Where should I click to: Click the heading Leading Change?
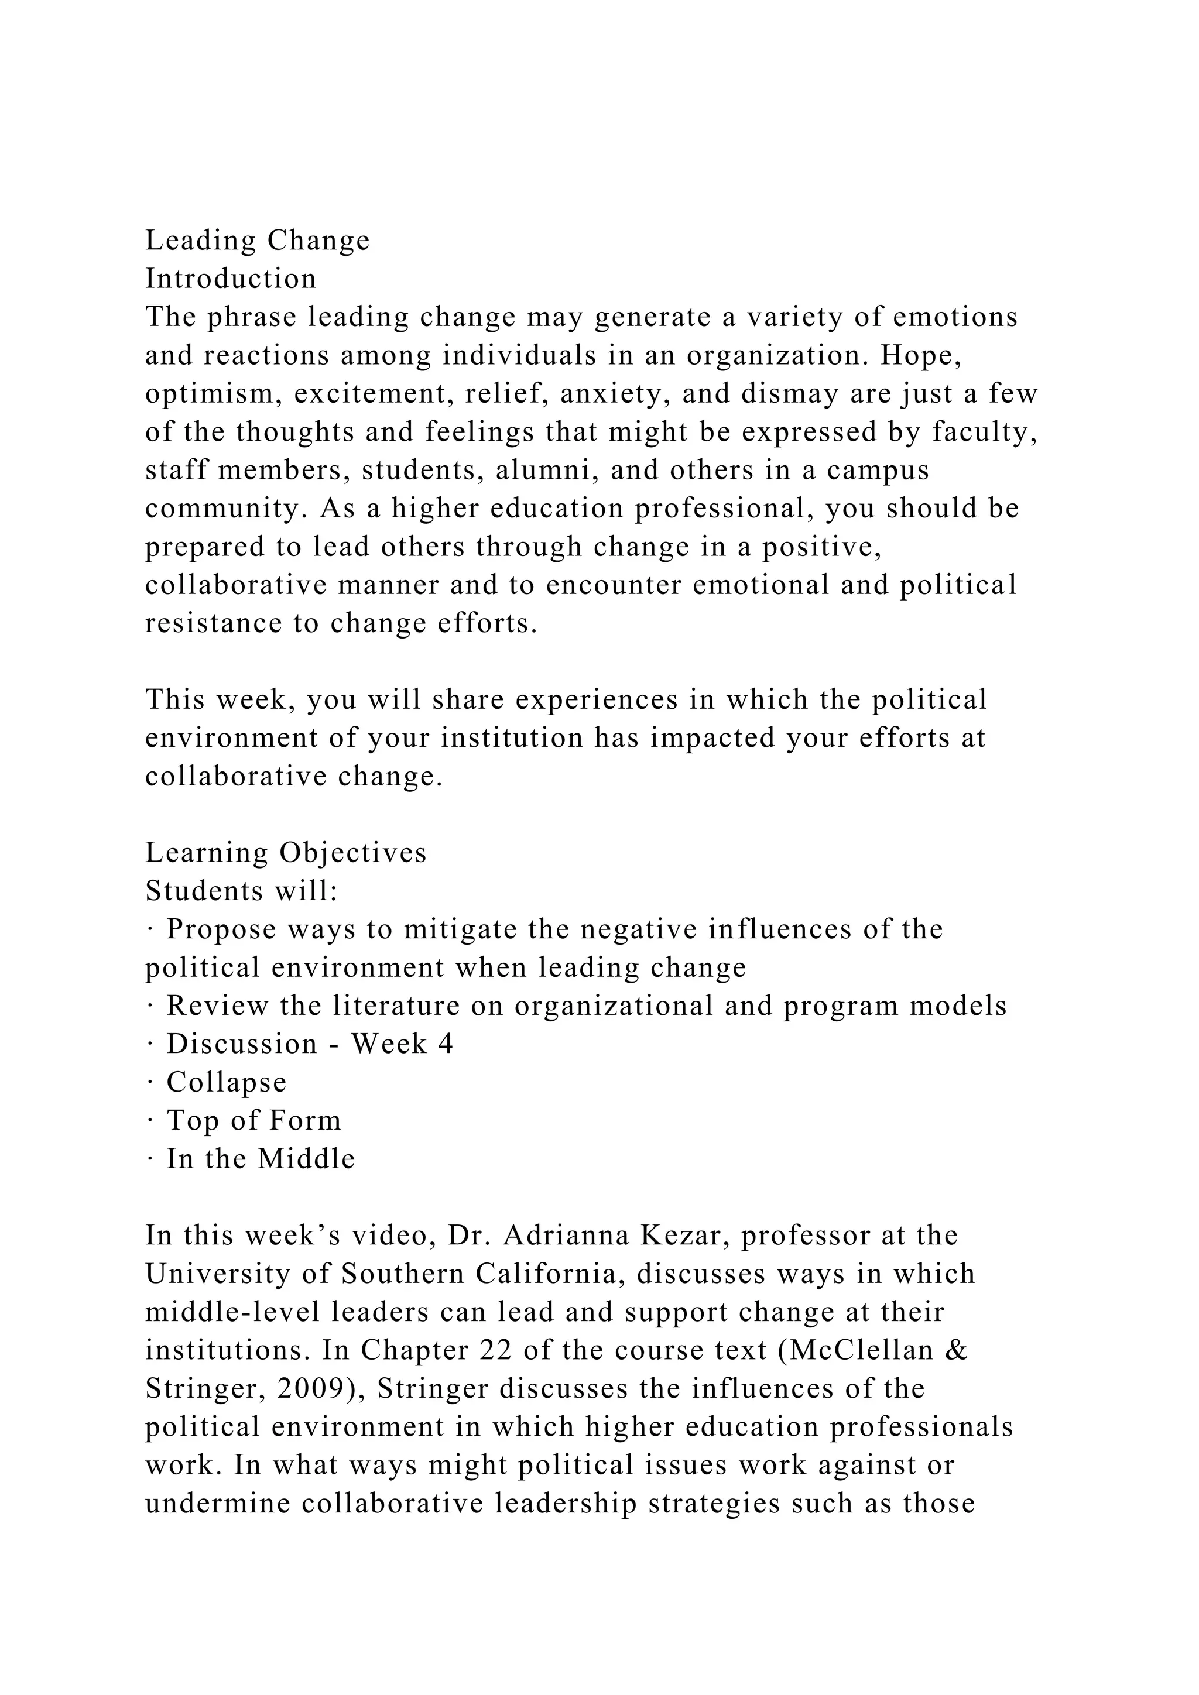click(257, 241)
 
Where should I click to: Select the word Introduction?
click(230, 279)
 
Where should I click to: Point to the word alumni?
click(546, 470)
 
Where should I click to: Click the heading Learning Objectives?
click(286, 853)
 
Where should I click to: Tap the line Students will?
click(241, 891)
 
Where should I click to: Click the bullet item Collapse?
click(226, 1082)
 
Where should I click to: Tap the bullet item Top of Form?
click(253, 1121)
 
